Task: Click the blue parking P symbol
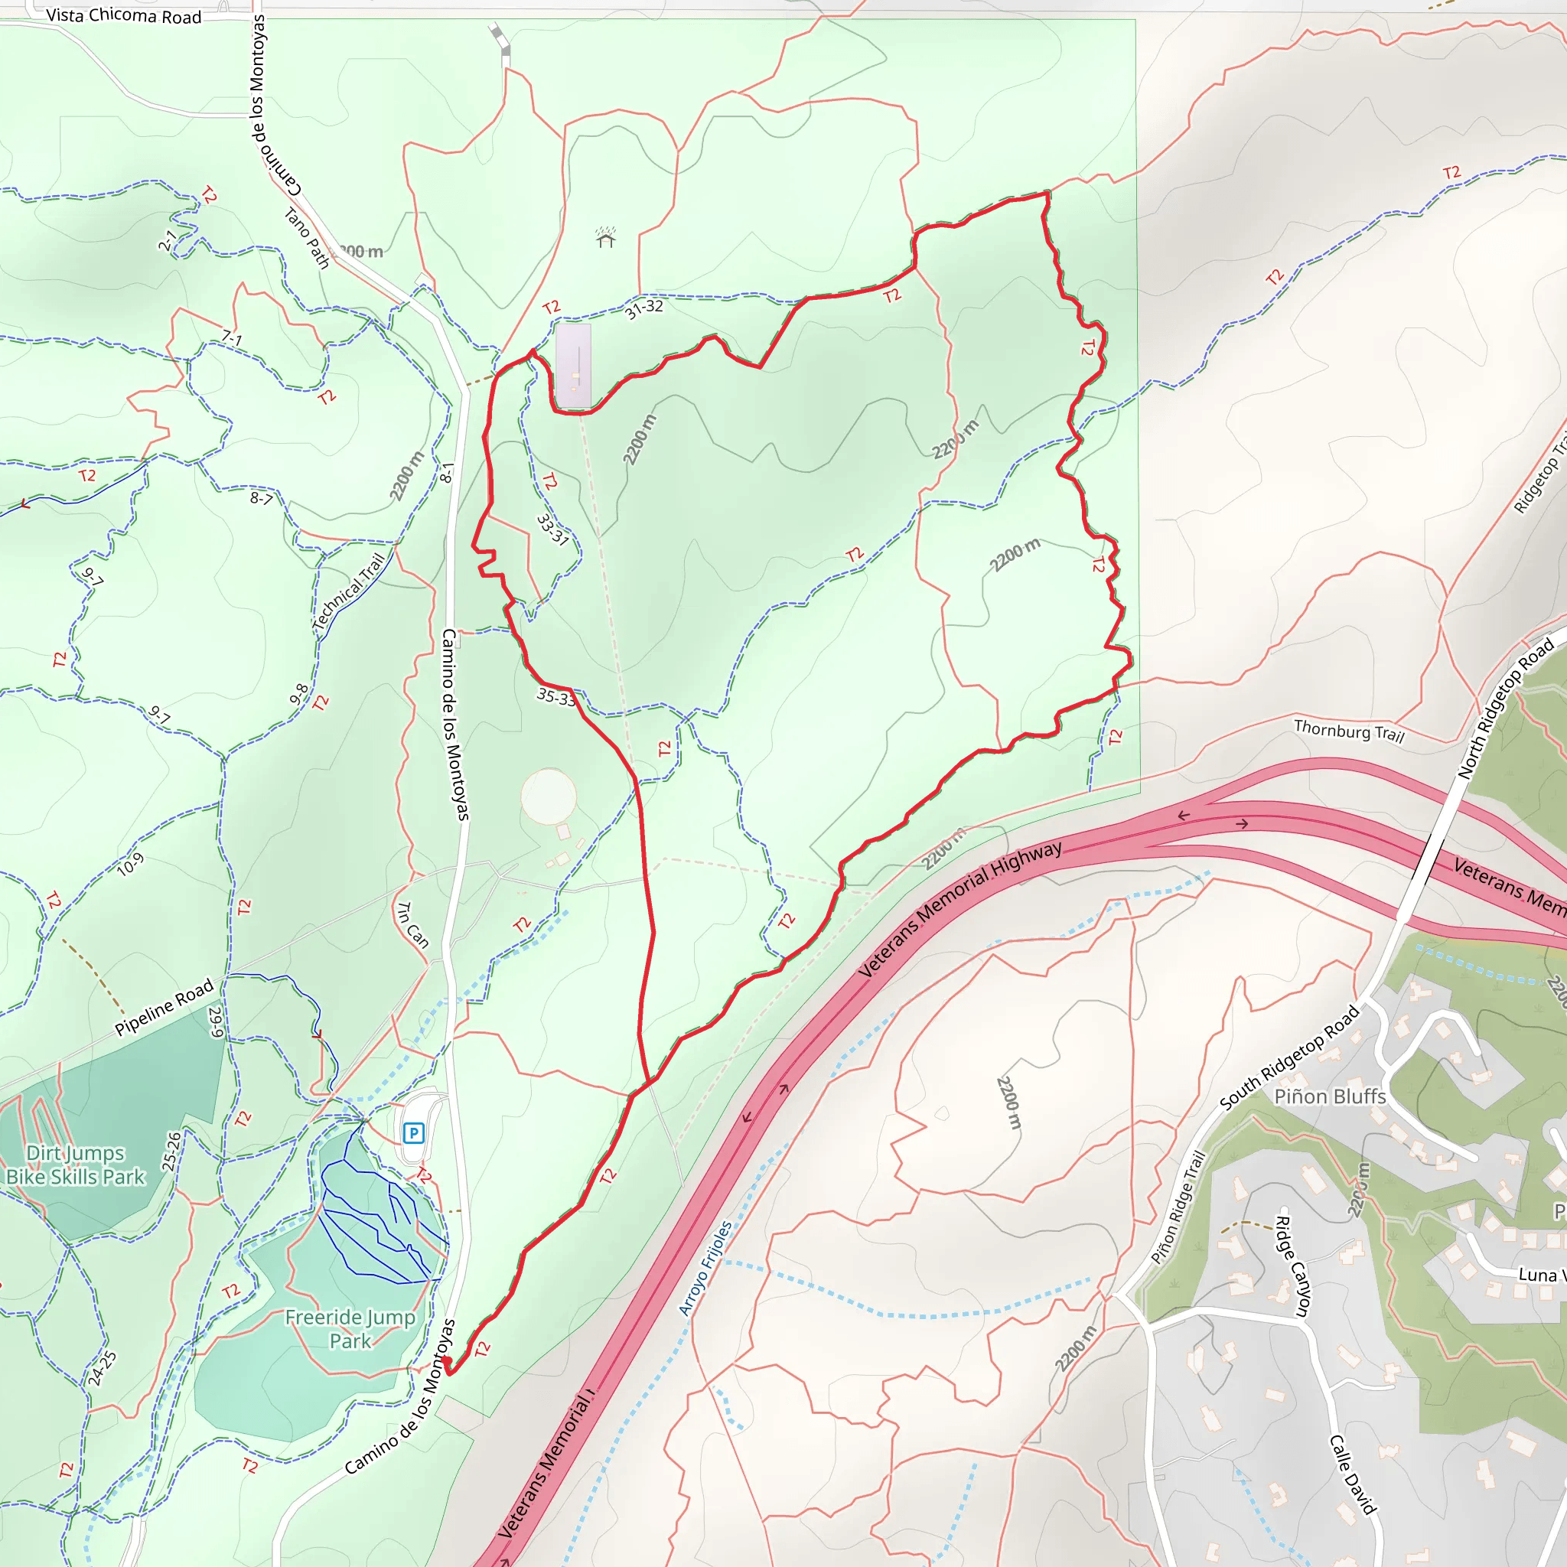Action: pos(414,1132)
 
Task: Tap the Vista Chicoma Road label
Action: pos(123,16)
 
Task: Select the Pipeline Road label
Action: pos(164,1008)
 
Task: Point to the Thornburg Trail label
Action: pos(1348,731)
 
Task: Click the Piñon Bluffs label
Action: pos(1329,1096)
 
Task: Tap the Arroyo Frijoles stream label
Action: pos(704,1269)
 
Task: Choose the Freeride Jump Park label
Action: pos(350,1328)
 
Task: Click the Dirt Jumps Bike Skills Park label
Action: pos(76,1165)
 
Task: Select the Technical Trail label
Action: pos(348,592)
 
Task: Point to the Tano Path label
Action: pos(307,238)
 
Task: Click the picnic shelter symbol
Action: pos(606,238)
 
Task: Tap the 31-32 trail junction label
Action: pos(643,308)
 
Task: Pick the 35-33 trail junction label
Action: pos(556,697)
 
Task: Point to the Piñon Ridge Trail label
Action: pos(1178,1207)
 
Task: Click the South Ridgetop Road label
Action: pos(1288,1057)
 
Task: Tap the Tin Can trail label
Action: pos(412,924)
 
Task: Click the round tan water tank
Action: pos(549,797)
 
